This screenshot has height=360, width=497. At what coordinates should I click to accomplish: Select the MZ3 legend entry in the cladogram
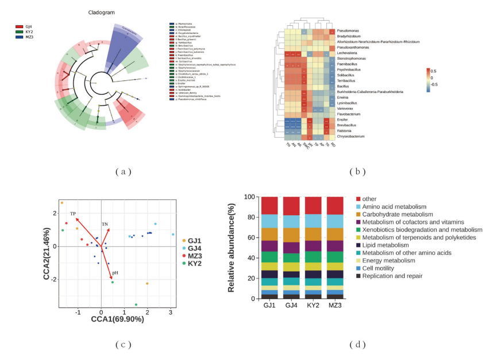click(x=29, y=36)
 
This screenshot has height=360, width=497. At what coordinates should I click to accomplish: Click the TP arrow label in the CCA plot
click(x=73, y=214)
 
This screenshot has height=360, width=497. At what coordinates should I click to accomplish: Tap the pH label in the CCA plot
click(x=115, y=273)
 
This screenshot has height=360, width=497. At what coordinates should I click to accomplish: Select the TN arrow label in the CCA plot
click(x=105, y=223)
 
